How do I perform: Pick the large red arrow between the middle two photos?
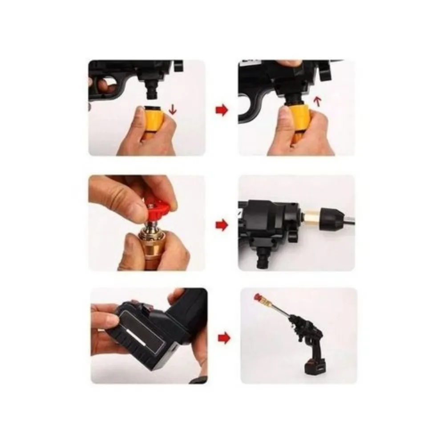[221, 225]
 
